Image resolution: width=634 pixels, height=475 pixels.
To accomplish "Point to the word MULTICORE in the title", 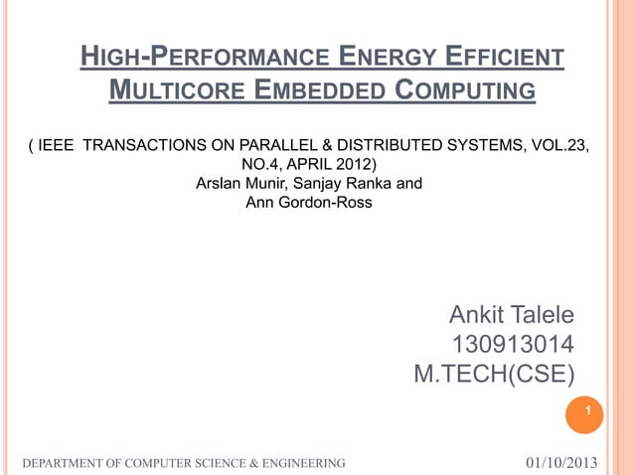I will [x=173, y=94].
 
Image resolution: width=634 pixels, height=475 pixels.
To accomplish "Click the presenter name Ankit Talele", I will [x=511, y=316].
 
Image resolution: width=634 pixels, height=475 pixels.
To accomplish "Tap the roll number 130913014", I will [x=513, y=346].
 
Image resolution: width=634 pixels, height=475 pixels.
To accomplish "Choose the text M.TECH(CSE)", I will [x=495, y=376].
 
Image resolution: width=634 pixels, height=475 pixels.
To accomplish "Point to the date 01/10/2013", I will [x=561, y=463].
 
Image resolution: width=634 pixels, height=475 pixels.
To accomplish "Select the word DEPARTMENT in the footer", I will [x=66, y=464].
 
